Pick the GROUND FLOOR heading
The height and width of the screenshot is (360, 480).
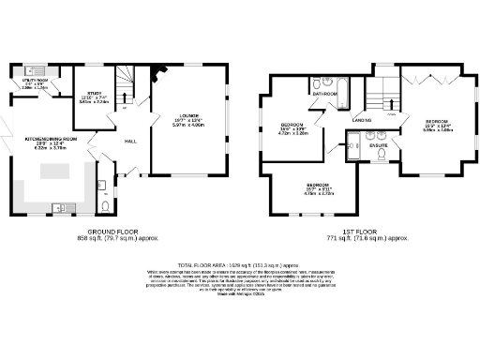[x=114, y=231]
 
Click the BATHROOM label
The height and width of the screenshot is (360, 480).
[x=325, y=95]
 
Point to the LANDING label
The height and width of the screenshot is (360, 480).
[x=361, y=120]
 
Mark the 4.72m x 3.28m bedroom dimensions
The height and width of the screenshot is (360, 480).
[x=293, y=134]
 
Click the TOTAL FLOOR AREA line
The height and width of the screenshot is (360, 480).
[x=241, y=265]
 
